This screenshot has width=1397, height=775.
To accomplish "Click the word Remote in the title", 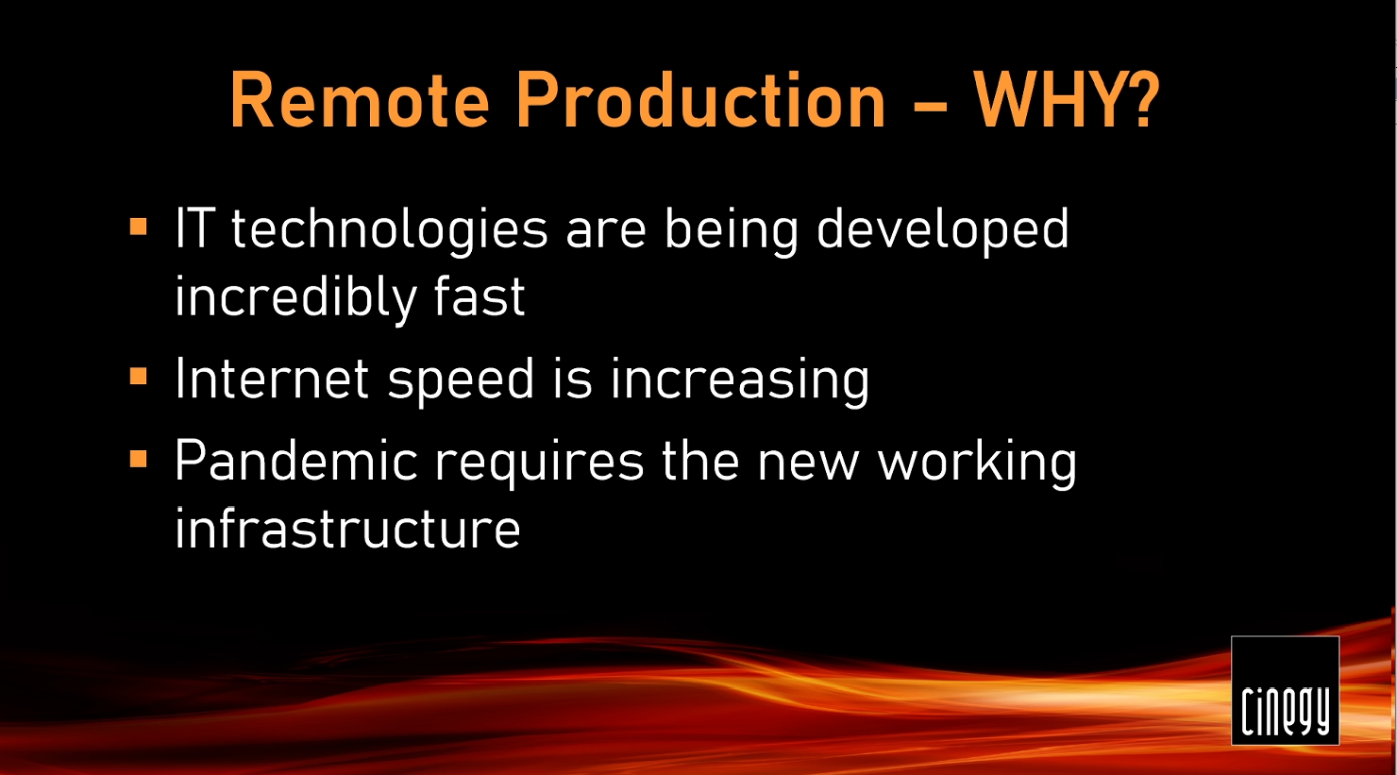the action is click(360, 100).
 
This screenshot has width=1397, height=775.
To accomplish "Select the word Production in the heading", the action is click(701, 100).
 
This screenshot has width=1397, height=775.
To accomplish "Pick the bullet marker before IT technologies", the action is click(139, 226).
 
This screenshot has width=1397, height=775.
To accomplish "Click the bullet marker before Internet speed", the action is click(139, 376).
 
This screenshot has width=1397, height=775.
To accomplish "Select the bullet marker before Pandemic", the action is click(139, 459).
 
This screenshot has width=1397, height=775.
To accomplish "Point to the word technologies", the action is click(390, 230).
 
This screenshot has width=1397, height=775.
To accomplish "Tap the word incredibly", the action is click(295, 298).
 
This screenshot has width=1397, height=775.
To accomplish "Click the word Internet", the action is click(272, 378).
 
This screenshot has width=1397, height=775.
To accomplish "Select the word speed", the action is click(461, 380).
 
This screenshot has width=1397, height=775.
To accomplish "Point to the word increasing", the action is click(740, 380).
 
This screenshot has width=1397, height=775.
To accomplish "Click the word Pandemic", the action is click(295, 460).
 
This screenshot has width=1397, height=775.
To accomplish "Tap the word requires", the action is click(539, 463).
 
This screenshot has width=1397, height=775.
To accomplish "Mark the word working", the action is click(977, 463).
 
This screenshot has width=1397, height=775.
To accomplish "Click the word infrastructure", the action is click(347, 529).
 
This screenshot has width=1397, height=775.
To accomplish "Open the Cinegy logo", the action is click(1285, 690).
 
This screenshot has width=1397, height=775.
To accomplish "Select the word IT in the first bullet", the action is click(195, 228).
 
